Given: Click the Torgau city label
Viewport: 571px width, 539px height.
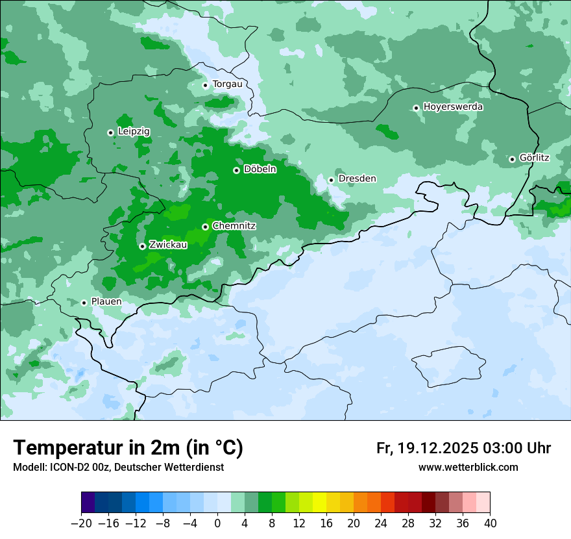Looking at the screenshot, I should (x=227, y=84).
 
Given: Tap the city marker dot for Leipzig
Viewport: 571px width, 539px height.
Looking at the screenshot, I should (x=110, y=132).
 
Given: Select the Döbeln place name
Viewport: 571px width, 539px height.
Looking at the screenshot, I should (x=260, y=169).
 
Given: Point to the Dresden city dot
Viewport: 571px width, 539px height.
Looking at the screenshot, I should (x=331, y=180).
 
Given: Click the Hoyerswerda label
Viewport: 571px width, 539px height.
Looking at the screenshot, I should (x=453, y=107).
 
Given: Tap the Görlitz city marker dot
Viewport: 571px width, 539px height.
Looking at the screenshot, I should (x=512, y=159).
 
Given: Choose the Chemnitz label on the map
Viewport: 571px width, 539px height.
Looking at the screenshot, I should (x=234, y=226).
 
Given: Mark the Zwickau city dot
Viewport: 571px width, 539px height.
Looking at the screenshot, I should (x=142, y=246).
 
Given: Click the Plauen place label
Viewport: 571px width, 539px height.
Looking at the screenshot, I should (x=106, y=302).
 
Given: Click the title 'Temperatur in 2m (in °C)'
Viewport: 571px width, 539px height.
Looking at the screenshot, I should (x=128, y=448).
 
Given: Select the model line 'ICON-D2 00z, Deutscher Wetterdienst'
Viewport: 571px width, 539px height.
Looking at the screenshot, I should (x=118, y=468).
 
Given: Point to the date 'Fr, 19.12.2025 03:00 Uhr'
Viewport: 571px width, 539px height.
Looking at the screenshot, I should (x=463, y=448).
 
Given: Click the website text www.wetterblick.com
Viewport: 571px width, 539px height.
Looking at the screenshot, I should (x=468, y=468).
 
